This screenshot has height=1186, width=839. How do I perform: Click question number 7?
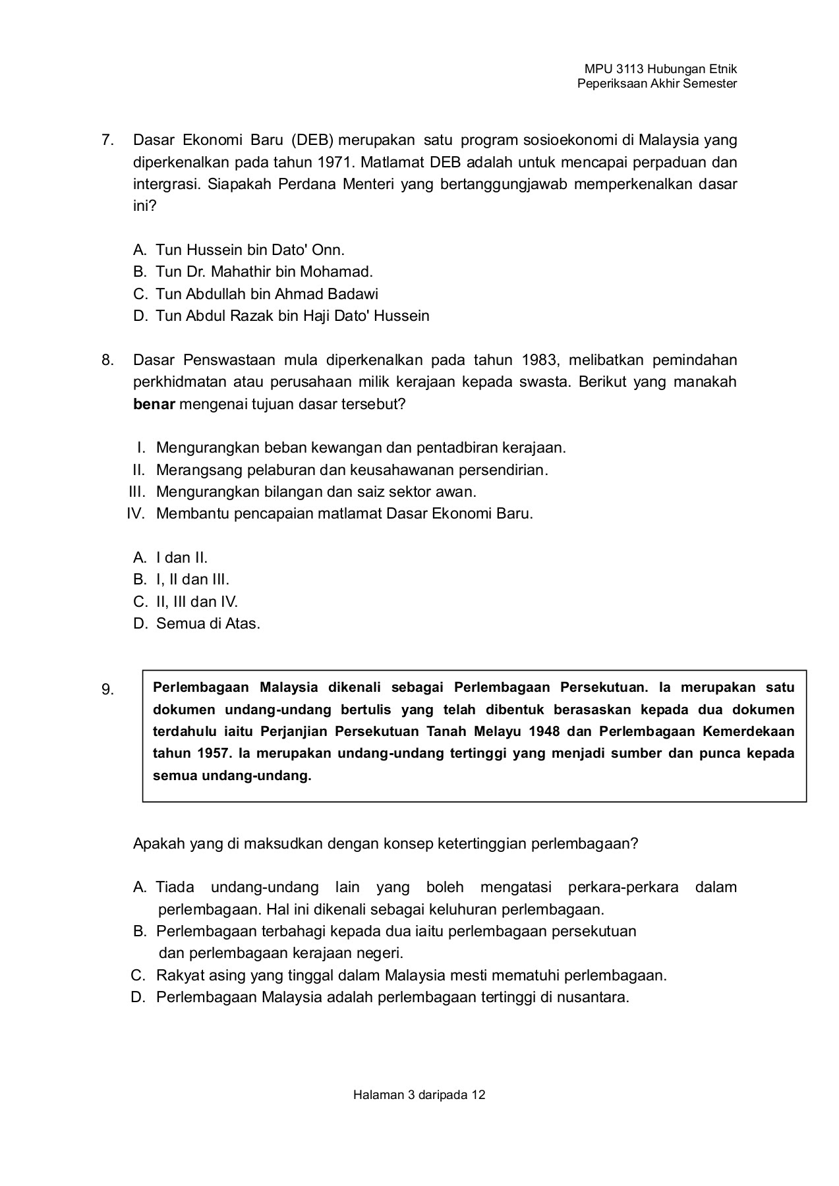[x=107, y=140]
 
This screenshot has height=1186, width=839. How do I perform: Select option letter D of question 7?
[x=139, y=316]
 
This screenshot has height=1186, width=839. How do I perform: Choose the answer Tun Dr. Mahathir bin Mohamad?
[x=264, y=271]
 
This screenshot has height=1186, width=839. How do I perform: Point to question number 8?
[x=107, y=360]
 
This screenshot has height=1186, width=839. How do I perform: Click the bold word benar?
[x=154, y=404]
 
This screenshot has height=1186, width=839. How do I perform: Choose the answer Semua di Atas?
[x=208, y=624]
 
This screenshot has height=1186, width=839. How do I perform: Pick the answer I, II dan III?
[x=192, y=580]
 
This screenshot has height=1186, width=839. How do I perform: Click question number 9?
[x=107, y=691]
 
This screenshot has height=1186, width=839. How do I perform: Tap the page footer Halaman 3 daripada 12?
[x=419, y=1095]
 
